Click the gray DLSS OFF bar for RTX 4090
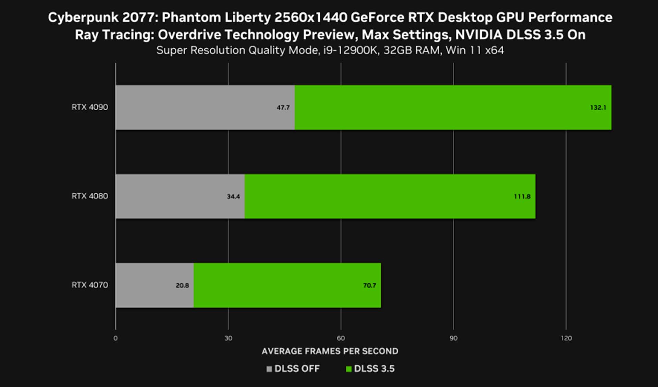point(205,107)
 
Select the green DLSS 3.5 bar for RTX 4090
point(453,107)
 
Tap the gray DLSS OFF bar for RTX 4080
point(180,196)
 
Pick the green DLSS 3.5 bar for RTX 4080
point(390,196)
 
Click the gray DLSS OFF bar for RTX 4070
point(155,285)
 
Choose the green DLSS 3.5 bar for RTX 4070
point(287,285)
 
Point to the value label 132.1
point(598,108)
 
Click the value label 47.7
point(283,108)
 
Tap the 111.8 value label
point(522,197)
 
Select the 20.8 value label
point(182,285)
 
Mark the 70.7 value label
point(369,285)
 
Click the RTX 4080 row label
point(89,196)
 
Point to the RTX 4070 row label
point(89,285)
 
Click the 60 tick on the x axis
point(341,338)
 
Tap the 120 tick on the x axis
point(566,338)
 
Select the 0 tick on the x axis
point(115,338)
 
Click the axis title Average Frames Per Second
point(330,351)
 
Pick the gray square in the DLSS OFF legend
point(269,369)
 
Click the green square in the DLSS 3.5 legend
point(349,369)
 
